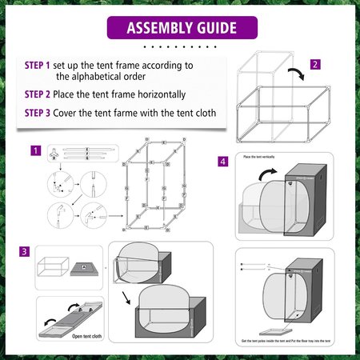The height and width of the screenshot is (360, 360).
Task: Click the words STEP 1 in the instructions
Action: click(37, 63)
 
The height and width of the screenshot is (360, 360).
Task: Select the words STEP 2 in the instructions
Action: click(37, 94)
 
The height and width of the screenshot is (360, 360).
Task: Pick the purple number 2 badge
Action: click(315, 64)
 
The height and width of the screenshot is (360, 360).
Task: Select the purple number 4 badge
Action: click(222, 161)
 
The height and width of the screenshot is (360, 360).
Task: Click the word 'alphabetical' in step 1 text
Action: click(90, 78)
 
